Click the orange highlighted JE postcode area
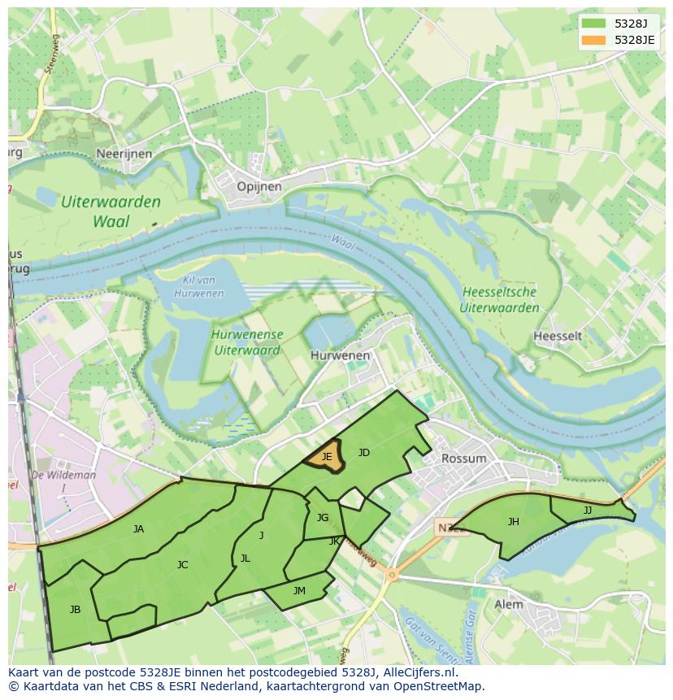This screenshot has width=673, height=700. [325, 458]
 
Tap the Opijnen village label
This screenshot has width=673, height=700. [258, 186]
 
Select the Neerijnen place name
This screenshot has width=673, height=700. [124, 153]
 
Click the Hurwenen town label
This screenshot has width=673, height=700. [340, 355]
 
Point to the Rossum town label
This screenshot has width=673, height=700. [463, 459]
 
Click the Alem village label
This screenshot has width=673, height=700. [509, 604]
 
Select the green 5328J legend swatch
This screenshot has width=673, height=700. [594, 24]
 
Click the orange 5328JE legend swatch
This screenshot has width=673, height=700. [594, 40]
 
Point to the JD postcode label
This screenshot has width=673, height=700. [364, 453]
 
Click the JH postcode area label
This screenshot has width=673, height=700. [513, 522]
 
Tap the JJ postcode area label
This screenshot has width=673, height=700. [588, 511]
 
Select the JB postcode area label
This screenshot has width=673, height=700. [75, 609]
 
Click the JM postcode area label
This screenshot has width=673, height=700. [299, 591]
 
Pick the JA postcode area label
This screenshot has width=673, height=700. [138, 529]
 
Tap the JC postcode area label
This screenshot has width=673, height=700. [182, 564]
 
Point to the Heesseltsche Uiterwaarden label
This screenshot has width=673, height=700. [499, 300]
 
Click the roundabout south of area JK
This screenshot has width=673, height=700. [392, 575]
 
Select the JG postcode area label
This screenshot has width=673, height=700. [323, 518]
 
